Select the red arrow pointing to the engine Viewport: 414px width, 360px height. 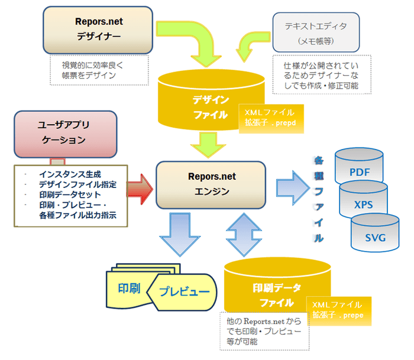point(140,189)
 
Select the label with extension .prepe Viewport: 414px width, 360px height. point(339,310)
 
